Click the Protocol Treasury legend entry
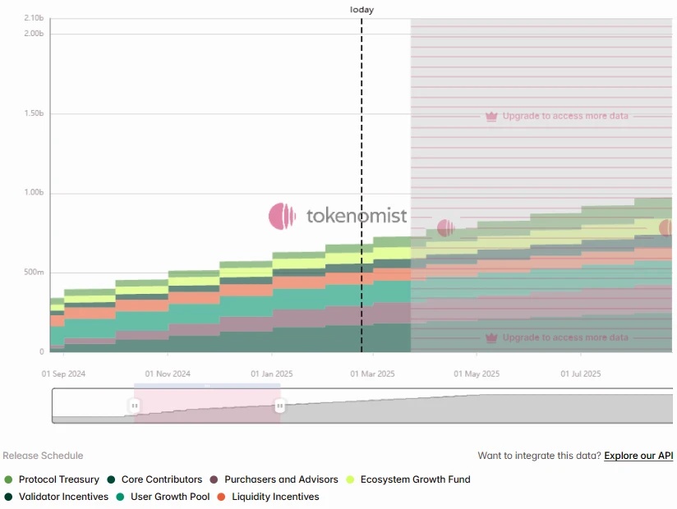pos(58,479)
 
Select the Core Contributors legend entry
pos(161,479)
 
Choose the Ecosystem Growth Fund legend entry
pos(415,479)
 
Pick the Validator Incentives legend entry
pos(63,497)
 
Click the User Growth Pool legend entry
pos(170,497)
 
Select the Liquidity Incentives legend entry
pos(275,497)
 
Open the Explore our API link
pos(638,456)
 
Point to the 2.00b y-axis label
pos(34,33)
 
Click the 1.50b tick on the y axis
pos(34,113)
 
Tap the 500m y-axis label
pos(34,273)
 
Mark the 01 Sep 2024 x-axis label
pos(64,374)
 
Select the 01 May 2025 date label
pos(477,374)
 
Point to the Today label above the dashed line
pos(362,10)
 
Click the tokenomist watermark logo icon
pos(282,216)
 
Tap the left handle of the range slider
pos(135,406)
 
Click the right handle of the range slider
pos(279,406)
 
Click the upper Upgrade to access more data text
pos(565,116)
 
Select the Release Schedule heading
pos(43,456)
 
